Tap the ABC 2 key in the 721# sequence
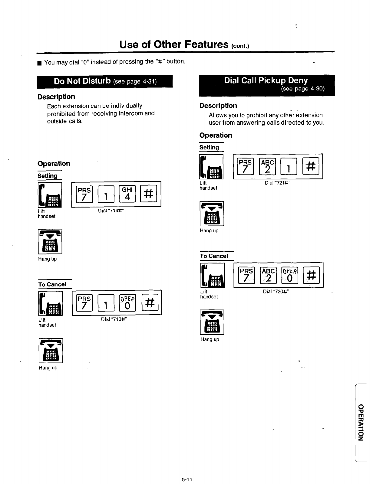pyautogui.click(x=267, y=166)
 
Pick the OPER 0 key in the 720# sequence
pyautogui.click(x=290, y=275)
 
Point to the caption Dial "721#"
pyautogui.click(x=278, y=183)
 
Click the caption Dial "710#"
pyautogui.click(x=114, y=319)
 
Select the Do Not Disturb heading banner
pyautogui.click(x=105, y=81)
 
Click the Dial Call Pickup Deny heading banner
pyautogui.click(x=266, y=85)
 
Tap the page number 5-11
pyautogui.click(x=187, y=479)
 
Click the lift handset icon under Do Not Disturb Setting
pyautogui.click(x=50, y=195)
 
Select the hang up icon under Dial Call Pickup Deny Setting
pyautogui.click(x=212, y=214)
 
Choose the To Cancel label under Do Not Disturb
pyautogui.click(x=52, y=284)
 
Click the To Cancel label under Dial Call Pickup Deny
pyautogui.click(x=214, y=256)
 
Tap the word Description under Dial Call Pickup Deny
pyautogui.click(x=218, y=106)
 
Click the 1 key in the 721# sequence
pyautogui.click(x=289, y=166)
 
